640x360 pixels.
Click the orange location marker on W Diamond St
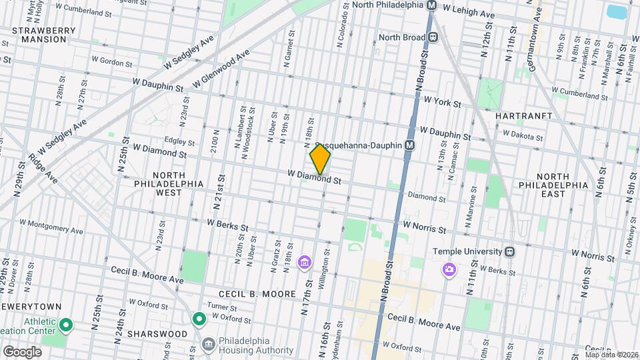pos(320,159)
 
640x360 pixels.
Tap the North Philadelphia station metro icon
pos(431,5)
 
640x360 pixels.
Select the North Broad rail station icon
pos(433,37)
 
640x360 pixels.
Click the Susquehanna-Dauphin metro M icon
pos(409,145)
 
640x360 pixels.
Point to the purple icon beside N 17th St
pos(304,262)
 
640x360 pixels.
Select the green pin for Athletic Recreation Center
pos(65,325)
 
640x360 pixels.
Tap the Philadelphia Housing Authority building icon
pos(208,345)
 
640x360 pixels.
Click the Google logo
pos(22,352)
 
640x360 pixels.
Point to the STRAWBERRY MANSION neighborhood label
pos(39,35)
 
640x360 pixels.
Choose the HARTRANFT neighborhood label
pos(524,116)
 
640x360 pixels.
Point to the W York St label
pos(442,103)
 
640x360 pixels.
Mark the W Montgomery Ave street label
pos(51,227)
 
